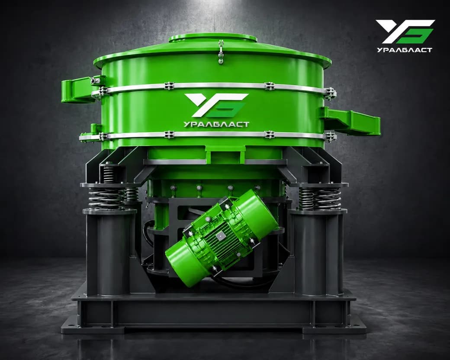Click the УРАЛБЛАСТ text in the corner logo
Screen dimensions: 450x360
click(x=405, y=50)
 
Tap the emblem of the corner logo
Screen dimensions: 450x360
click(x=405, y=31)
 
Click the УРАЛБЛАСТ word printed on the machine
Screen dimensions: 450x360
click(x=216, y=124)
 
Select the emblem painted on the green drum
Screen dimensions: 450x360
click(x=216, y=105)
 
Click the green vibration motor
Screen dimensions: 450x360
click(x=222, y=238)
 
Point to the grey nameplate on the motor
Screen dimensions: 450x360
click(x=220, y=237)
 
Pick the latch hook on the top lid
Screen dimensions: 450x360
click(x=220, y=51)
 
